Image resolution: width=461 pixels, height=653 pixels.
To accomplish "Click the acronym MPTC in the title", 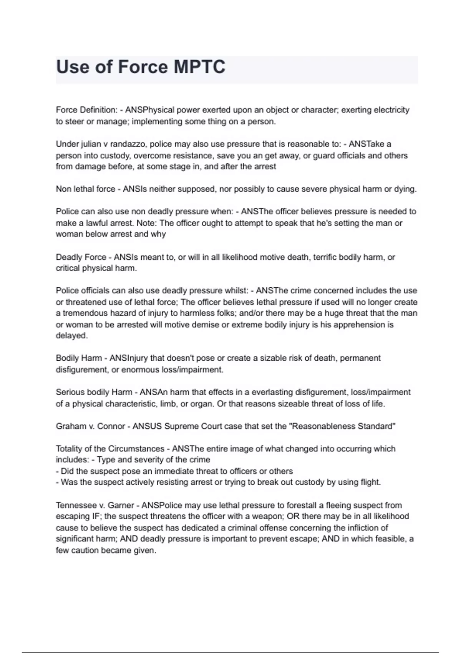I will pyautogui.click(x=199, y=67).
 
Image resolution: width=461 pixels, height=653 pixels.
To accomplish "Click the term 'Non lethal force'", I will pyautogui.click(x=85, y=189).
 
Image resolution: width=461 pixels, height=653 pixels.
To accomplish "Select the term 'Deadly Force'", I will pyautogui.click(x=81, y=257).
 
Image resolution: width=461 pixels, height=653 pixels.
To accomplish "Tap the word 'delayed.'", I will pyautogui.click(x=72, y=335).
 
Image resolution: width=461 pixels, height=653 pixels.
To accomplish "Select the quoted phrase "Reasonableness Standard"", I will pyautogui.click(x=343, y=426).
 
